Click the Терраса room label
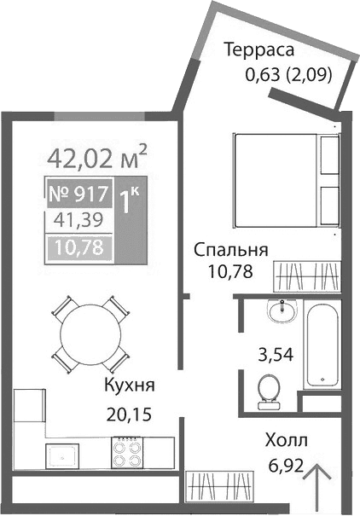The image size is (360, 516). click(x=258, y=49)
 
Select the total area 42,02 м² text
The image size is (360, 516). click(x=98, y=157)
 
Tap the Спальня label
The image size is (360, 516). click(x=231, y=251)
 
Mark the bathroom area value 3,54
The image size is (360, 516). click(x=276, y=354)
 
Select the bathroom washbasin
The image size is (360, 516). click(x=279, y=314)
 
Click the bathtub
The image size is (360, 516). click(x=324, y=345)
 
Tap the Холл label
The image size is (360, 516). click(x=287, y=442)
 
